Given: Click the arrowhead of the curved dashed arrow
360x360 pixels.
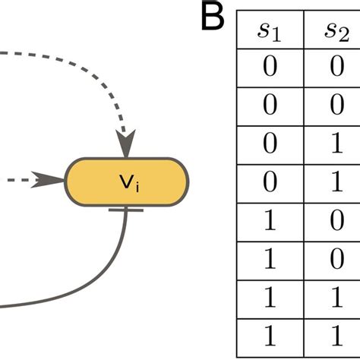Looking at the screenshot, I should click(125, 142).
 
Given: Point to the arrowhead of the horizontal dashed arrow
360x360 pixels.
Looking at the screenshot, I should click(53, 180).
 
